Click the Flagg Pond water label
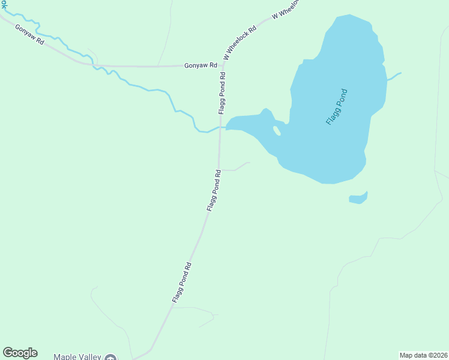[x=337, y=107]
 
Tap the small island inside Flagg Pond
[x=277, y=131]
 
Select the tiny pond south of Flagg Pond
[x=358, y=198]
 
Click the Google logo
[x=20, y=353]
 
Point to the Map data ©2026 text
[x=423, y=355]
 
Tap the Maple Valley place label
[x=77, y=356]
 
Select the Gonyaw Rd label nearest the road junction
[x=200, y=65]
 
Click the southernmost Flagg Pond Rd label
[x=181, y=282]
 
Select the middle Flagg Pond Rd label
[x=214, y=190]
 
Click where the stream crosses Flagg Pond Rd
[x=220, y=127]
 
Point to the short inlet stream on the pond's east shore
[x=394, y=77]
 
